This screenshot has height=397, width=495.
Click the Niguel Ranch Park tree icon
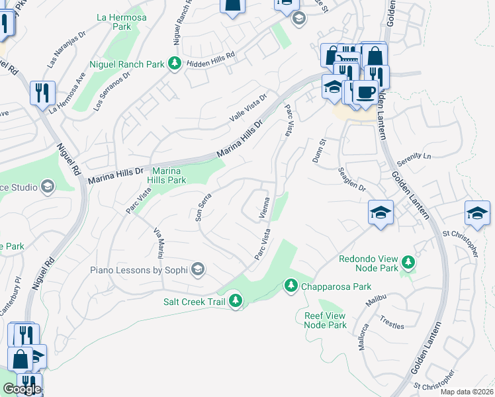pyautogui.click(x=174, y=64)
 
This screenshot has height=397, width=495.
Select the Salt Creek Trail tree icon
pyautogui.click(x=235, y=302)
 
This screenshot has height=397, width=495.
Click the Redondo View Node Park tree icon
pyautogui.click(x=408, y=263)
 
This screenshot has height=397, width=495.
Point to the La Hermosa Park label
pyautogui.click(x=121, y=22)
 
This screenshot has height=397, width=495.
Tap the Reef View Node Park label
pyautogui.click(x=326, y=320)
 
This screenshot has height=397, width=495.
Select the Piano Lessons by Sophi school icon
pyautogui.click(x=197, y=269)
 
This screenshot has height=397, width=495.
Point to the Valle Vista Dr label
pyautogui.click(x=247, y=107)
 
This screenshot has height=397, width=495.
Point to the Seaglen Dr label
pyautogui.click(x=351, y=179)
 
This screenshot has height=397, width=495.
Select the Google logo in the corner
pyautogui.click(x=21, y=389)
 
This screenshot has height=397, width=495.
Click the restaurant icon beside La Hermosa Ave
pyautogui.click(x=42, y=93)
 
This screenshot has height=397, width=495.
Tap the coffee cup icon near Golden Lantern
pyautogui.click(x=365, y=91)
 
